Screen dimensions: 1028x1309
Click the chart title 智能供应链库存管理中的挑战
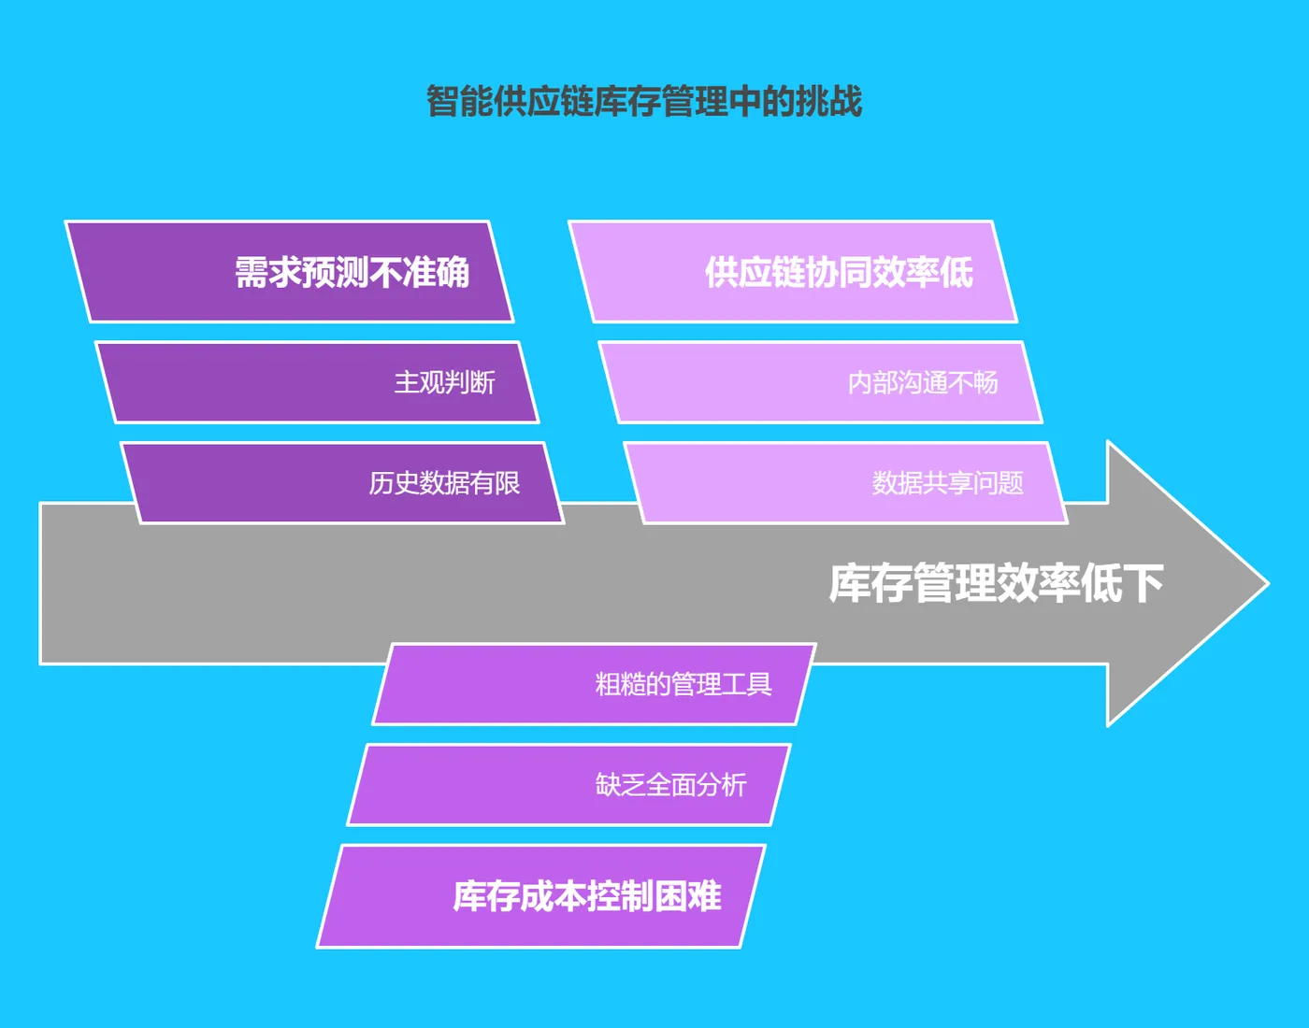coord(644,101)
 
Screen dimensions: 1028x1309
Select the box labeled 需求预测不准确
coord(290,272)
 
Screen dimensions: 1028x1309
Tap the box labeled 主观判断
coord(318,382)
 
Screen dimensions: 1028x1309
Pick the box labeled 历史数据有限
coord(343,482)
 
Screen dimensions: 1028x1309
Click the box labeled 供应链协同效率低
coord(793,272)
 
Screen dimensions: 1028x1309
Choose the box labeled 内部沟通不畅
coord(821,382)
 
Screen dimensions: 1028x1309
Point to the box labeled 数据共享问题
coord(846,482)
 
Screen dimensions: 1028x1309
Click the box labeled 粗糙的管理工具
coord(595,684)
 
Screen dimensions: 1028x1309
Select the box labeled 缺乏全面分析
coord(569,784)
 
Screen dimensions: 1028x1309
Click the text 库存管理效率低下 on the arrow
coord(996,583)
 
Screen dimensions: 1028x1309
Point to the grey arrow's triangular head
coord(1178,583)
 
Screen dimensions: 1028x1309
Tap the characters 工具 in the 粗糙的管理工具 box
coord(747,684)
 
